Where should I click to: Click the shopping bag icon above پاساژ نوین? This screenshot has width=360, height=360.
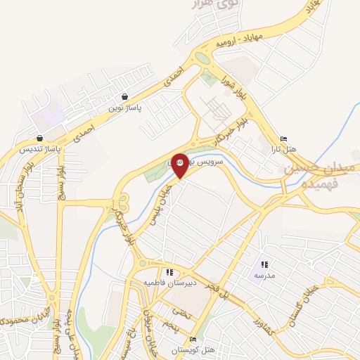pyautogui.click(x=124, y=97)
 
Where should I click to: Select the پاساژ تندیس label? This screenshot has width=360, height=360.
pyautogui.click(x=39, y=149)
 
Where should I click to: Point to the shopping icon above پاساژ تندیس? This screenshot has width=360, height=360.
pyautogui.click(x=39, y=138)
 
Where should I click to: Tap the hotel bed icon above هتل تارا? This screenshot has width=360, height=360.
pyautogui.click(x=283, y=139)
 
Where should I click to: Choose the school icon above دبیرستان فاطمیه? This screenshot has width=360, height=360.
pyautogui.click(x=169, y=272)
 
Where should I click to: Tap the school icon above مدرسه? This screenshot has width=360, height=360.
pyautogui.click(x=264, y=264)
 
